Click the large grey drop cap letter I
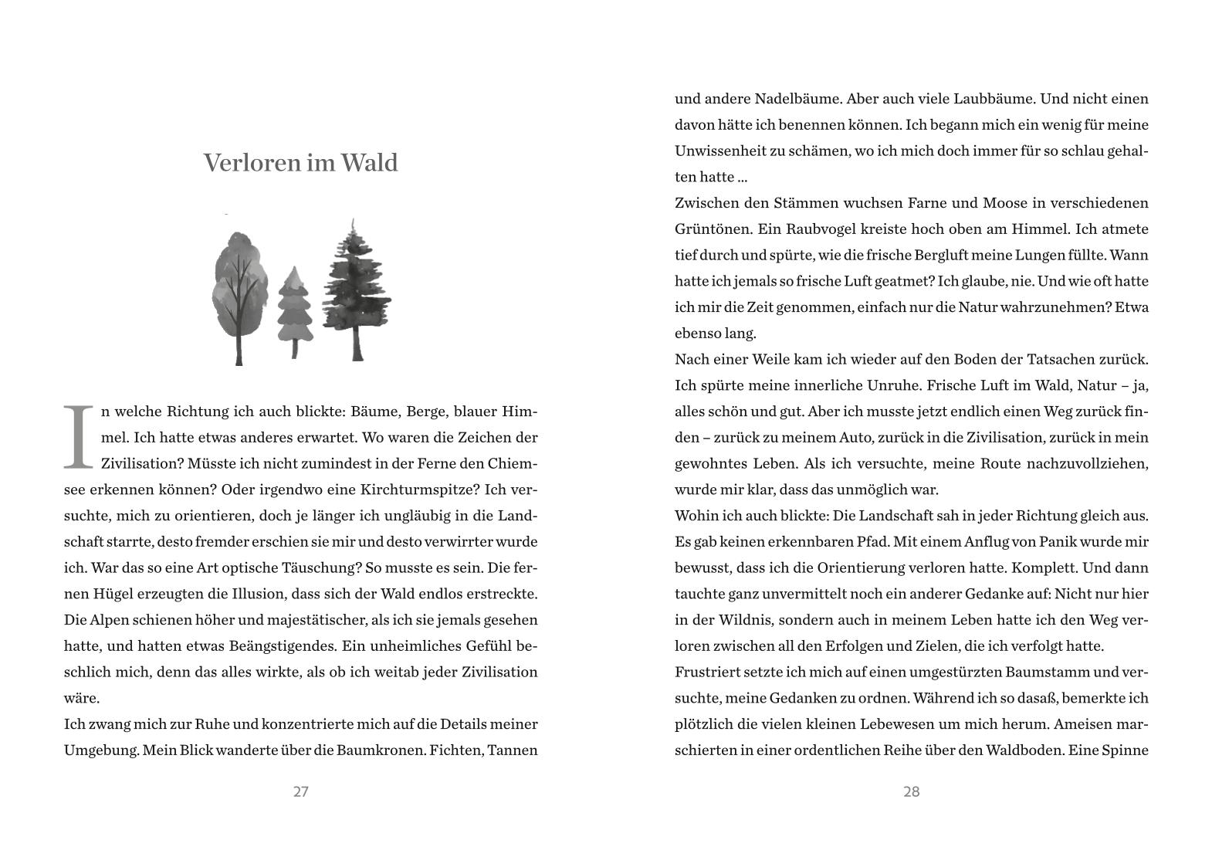[x=77, y=437]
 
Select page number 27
[x=301, y=791]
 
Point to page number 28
[x=911, y=791]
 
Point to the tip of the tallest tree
[x=354, y=221]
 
